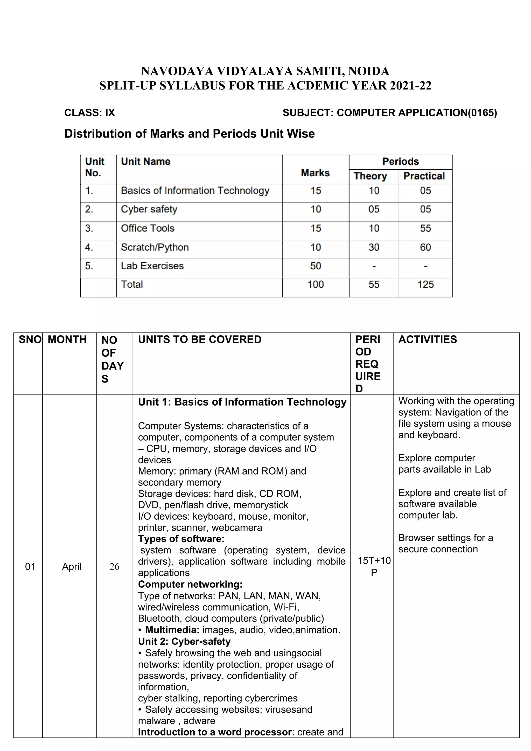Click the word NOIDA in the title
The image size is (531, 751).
coord(368,71)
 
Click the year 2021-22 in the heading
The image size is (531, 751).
coord(410,86)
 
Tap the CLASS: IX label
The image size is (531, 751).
coord(90,113)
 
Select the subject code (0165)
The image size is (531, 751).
coord(482,113)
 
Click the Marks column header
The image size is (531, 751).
coord(315,173)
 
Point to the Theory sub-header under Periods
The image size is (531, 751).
coord(370,176)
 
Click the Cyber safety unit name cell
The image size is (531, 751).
coord(149,209)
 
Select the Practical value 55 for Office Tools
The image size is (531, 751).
coord(425,228)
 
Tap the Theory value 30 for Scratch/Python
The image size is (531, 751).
coord(374,247)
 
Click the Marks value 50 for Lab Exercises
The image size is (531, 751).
coord(316,266)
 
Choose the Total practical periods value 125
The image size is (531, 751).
coord(425,284)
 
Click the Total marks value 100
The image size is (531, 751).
coord(316,284)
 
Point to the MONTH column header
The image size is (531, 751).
coord(67,339)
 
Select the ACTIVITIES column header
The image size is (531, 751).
coord(427,339)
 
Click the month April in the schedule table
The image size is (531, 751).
coord(72,567)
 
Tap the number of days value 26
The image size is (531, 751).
coord(114,567)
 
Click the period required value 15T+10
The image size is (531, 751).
coord(374,561)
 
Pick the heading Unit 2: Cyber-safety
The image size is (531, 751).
coord(184,641)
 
